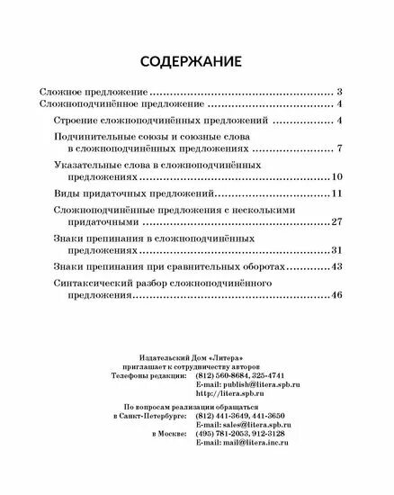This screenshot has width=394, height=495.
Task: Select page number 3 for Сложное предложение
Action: point(340,92)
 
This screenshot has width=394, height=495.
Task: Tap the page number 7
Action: point(340,148)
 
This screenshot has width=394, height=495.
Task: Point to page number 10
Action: point(337,176)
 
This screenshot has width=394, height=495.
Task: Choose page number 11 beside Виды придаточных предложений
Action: point(337,193)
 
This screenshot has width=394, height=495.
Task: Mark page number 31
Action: point(337,249)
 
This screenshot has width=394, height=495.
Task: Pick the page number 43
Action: point(337,267)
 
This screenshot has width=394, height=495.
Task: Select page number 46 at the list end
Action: point(337,295)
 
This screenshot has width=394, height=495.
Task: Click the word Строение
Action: point(79,120)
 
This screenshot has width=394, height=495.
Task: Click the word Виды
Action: point(66,193)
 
